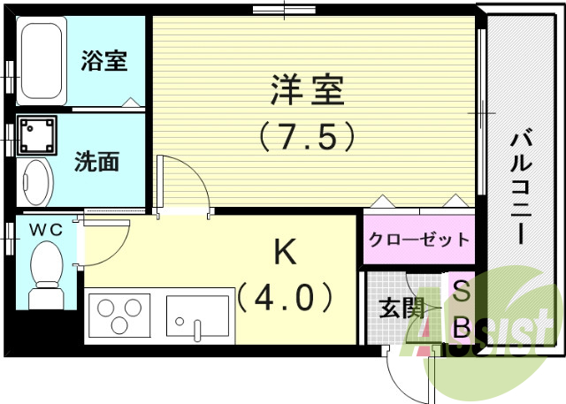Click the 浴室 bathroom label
tap(104, 61)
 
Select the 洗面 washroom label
tap(97, 162)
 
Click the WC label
tap(46, 230)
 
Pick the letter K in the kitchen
tap(284, 254)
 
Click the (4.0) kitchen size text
tap(286, 297)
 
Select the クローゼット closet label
tap(418, 239)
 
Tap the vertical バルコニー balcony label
tap(520, 186)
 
